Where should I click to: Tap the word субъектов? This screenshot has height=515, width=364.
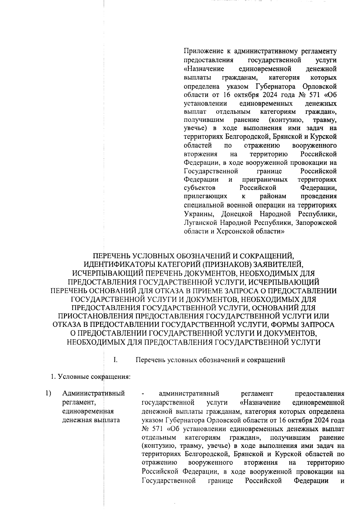tap(200, 188)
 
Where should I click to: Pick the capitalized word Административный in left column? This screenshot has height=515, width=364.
tap(94, 394)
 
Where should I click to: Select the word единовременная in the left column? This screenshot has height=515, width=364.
tap(88, 411)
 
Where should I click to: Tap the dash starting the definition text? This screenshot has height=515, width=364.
tap(143, 394)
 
